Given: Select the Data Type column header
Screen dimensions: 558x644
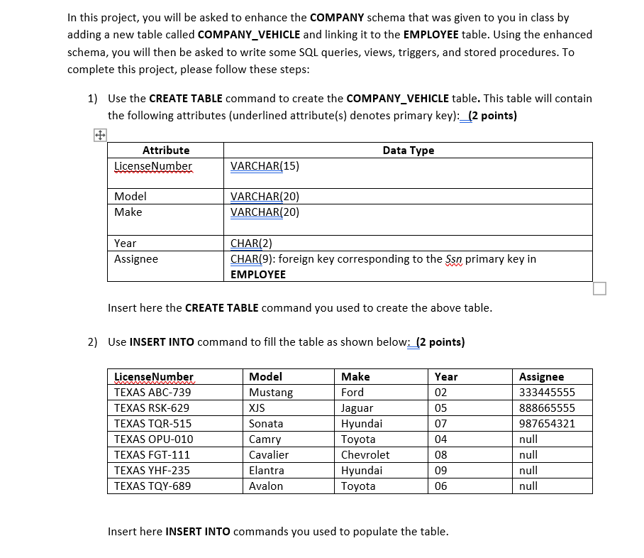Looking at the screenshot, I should (x=408, y=151).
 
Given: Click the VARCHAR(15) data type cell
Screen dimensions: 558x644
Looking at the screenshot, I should (x=265, y=166).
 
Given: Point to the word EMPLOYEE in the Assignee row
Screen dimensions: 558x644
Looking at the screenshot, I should (x=258, y=274).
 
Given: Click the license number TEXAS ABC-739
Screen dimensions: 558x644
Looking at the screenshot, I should (x=152, y=393).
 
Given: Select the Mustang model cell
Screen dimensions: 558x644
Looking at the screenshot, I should (x=271, y=393).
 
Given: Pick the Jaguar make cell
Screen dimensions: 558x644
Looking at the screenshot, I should (x=357, y=408).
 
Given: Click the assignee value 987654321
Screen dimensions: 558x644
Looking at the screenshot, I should (x=547, y=424).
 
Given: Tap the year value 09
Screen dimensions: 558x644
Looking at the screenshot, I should (x=441, y=471).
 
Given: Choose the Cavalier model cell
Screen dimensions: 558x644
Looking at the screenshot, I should (x=269, y=455).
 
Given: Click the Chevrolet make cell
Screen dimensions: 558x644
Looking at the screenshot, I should (x=365, y=455).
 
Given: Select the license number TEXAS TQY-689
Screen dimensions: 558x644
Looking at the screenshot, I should (x=152, y=486).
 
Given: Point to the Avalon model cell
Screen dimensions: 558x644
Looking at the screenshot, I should (x=266, y=486).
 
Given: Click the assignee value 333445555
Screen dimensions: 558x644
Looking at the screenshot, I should (x=547, y=393).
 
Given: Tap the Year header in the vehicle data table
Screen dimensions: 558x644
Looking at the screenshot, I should (x=446, y=377).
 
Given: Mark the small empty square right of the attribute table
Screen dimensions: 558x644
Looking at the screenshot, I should (x=599, y=288).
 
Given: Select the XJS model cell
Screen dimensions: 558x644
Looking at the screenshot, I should (x=257, y=408).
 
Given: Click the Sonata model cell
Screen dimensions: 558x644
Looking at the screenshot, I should (x=266, y=424).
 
